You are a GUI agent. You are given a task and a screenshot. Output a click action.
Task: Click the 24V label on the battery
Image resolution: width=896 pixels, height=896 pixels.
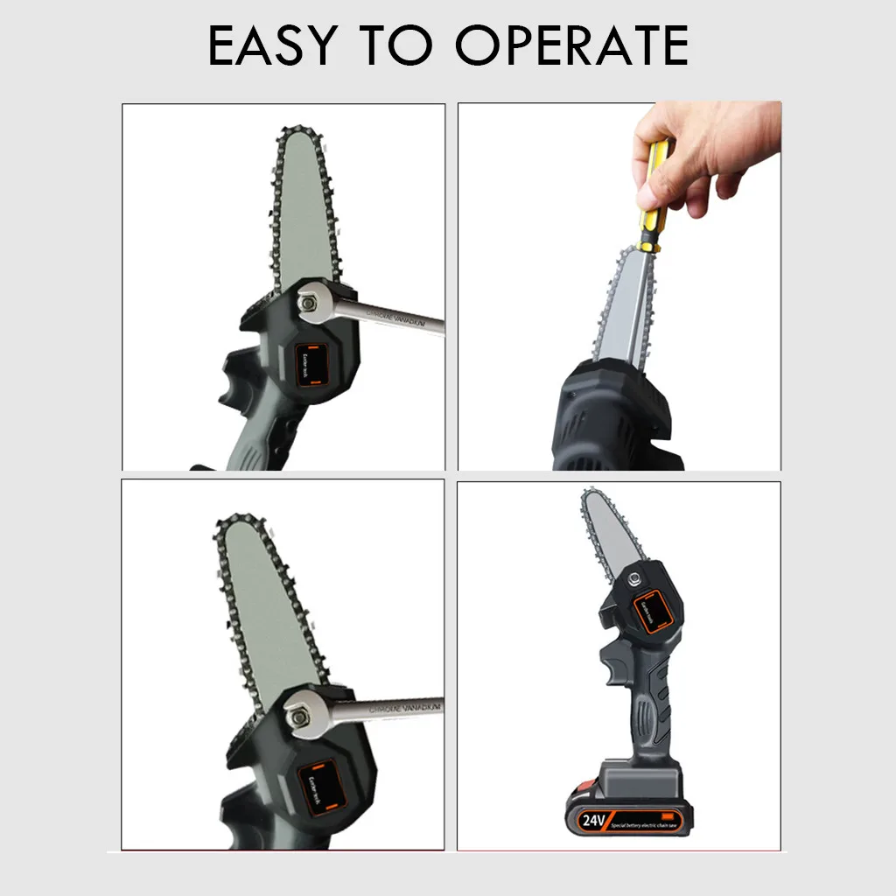[591, 820]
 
